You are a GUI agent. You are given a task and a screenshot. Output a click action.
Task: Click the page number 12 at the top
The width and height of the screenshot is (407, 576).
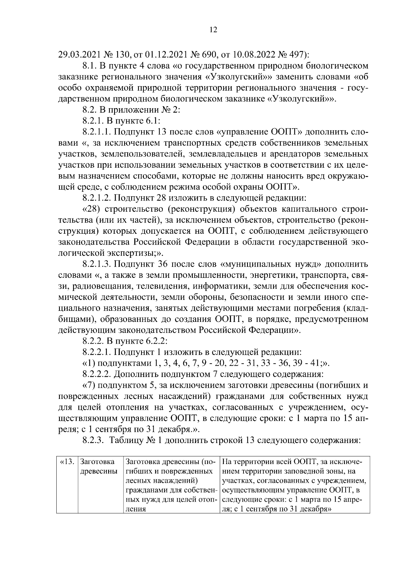(x=213, y=30)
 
